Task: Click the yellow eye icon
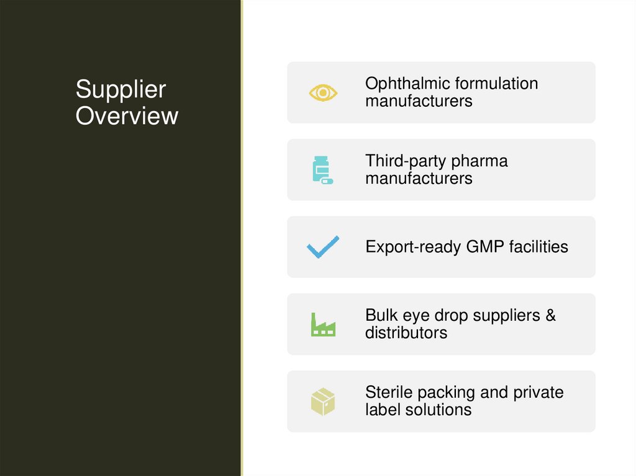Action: tap(323, 92)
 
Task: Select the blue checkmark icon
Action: tap(323, 247)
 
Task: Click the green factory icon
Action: tap(323, 324)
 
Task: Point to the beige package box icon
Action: tap(323, 402)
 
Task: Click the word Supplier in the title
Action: tap(120, 89)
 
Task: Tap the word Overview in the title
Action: tap(127, 116)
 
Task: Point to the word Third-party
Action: tap(405, 161)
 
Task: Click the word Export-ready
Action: tap(413, 247)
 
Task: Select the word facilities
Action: tap(538, 247)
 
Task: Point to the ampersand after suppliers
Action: tap(550, 315)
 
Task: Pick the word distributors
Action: tap(406, 333)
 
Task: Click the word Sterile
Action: tap(389, 392)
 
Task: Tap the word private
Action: tap(538, 393)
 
